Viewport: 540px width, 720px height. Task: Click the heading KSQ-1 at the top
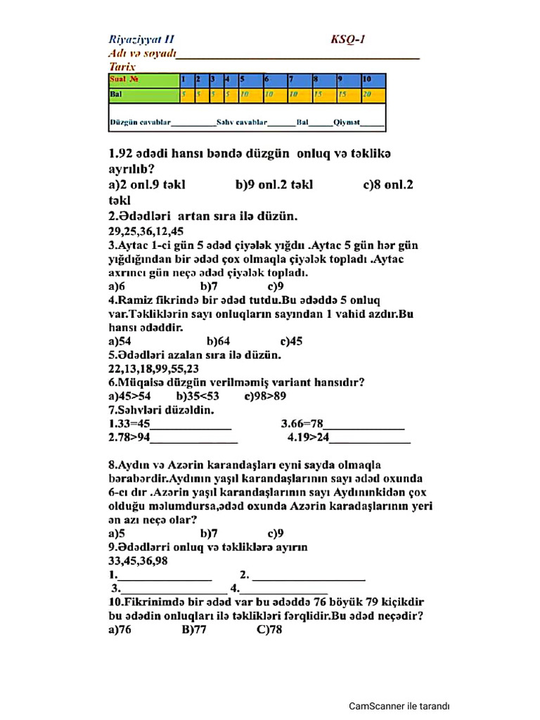[347, 40]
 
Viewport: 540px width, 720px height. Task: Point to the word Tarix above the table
[122, 66]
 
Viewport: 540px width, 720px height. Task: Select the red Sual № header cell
[143, 80]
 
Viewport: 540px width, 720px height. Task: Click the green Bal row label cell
[143, 94]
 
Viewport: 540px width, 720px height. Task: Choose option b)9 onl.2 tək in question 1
[274, 185]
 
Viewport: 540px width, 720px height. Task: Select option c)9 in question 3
[276, 286]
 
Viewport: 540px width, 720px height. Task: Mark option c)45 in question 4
[291, 341]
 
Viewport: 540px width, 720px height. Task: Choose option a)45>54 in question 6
[129, 396]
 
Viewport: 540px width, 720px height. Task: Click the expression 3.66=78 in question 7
[302, 424]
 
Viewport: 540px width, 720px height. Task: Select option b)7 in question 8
[210, 533]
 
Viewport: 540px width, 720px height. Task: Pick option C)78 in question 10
[269, 630]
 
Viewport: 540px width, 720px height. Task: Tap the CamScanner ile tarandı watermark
[399, 706]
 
